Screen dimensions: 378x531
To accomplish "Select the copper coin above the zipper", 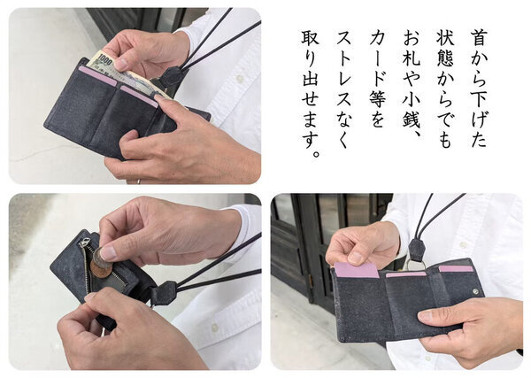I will [102, 267].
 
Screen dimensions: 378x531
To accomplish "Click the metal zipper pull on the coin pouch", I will [85, 242].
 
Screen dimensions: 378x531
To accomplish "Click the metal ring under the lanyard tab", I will [414, 264].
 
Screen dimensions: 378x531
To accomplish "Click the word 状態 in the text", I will [445, 49].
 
